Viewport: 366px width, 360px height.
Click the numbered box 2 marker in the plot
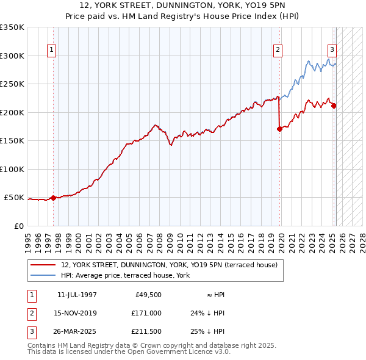point(278,51)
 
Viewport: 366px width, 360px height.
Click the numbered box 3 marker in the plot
point(332,51)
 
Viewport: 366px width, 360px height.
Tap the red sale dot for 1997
point(53,198)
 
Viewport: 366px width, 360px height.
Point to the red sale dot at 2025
point(334,106)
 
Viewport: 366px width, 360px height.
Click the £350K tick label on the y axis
point(12,27)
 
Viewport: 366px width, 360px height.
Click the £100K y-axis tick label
point(12,169)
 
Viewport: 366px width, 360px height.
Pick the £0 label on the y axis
point(19,226)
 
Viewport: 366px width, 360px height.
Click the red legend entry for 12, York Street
point(169,265)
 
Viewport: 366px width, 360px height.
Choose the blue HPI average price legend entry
point(125,276)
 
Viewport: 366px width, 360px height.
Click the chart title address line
point(183,6)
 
